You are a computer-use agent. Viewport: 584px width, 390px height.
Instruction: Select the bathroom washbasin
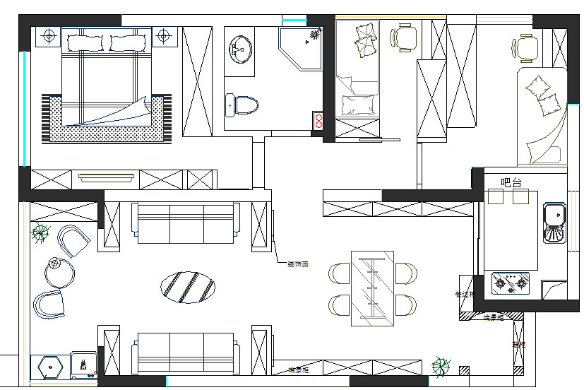240,49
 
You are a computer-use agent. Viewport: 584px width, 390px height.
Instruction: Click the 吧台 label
511,182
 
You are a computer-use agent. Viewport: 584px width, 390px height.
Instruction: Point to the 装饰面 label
297,264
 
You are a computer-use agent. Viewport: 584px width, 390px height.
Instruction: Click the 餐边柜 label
465,293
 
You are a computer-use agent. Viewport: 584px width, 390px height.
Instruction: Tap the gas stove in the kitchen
511,283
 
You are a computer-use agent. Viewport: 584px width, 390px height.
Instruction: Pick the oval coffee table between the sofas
189,286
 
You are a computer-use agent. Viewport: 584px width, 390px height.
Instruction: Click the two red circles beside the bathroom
318,121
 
